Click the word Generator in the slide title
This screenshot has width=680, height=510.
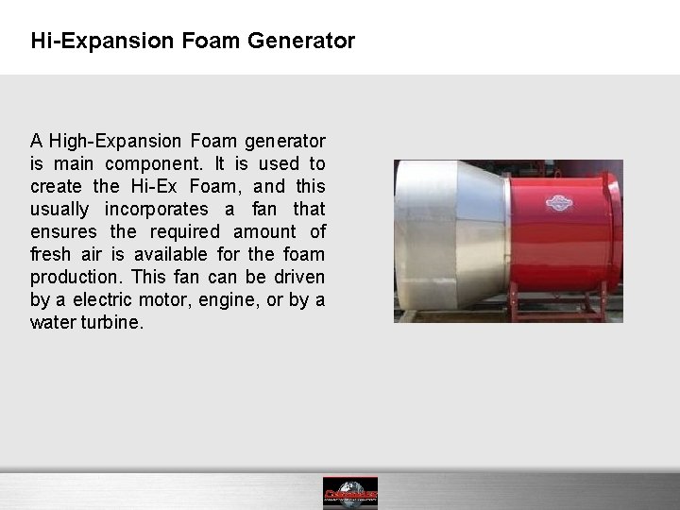(x=307, y=42)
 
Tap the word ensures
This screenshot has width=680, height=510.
(x=59, y=231)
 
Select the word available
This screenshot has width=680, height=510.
(x=189, y=254)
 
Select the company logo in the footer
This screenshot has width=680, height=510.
(x=349, y=492)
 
